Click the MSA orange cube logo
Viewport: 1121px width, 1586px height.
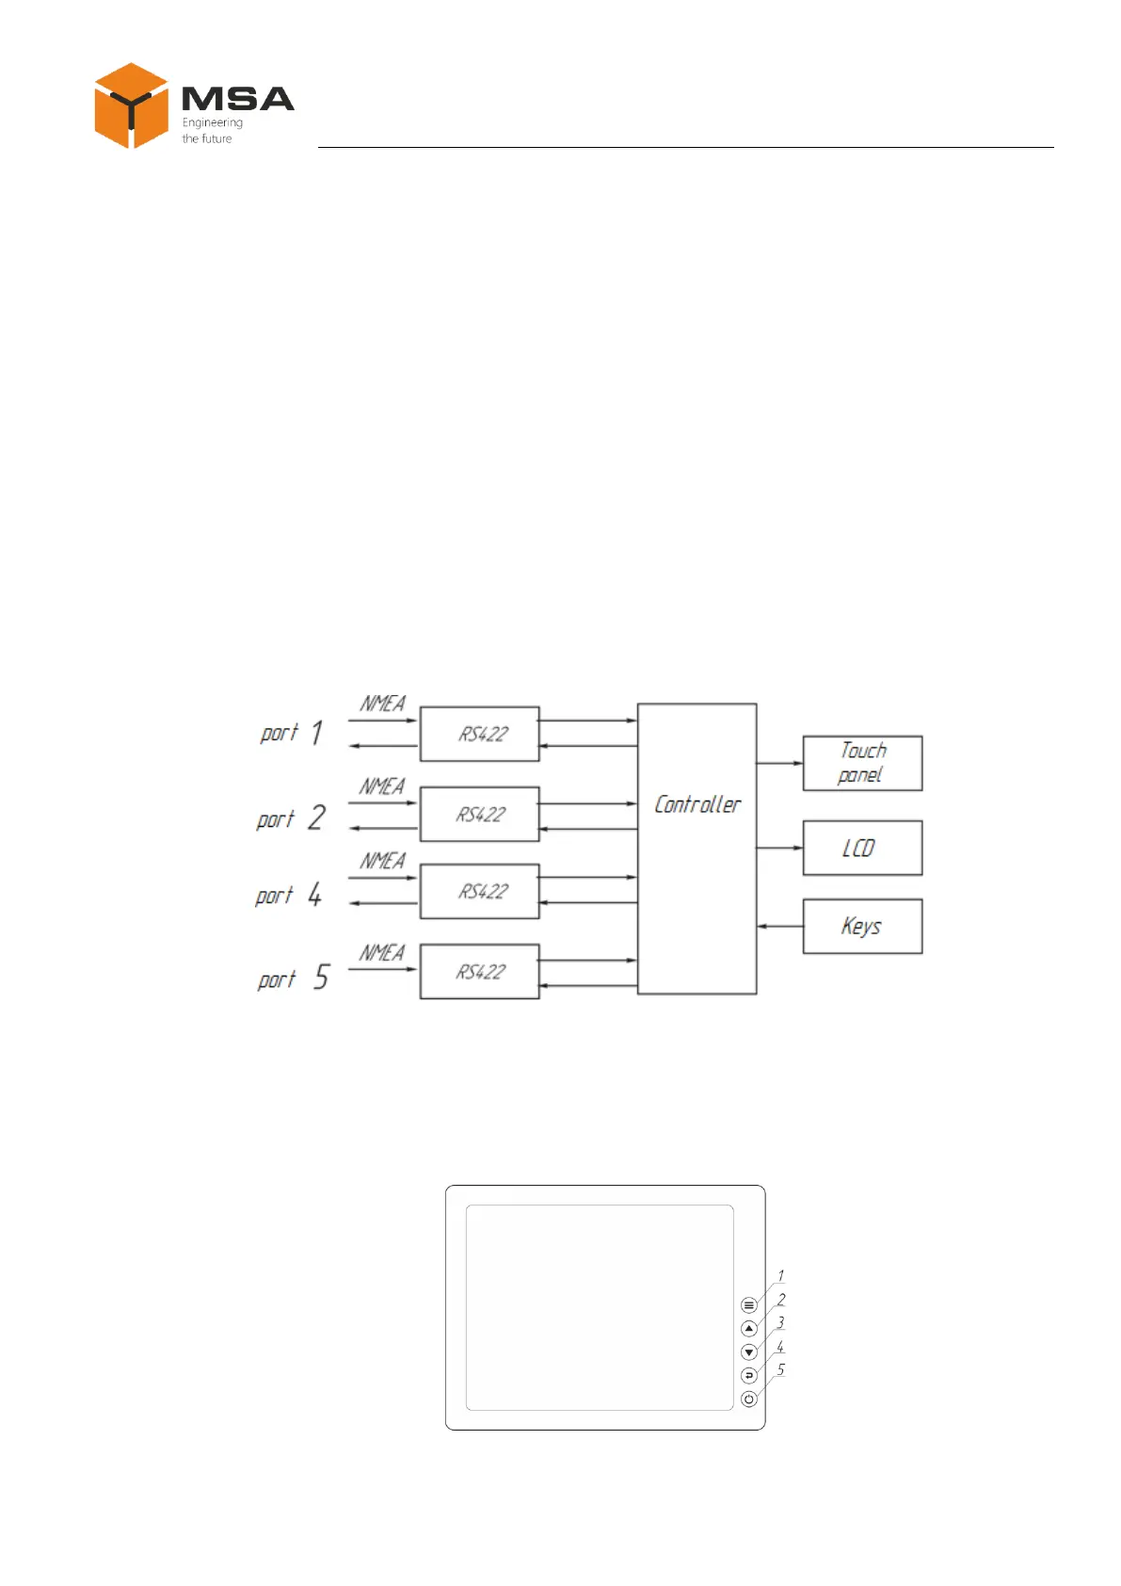click(131, 105)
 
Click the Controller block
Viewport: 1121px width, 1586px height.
click(697, 848)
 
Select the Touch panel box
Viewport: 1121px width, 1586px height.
click(862, 763)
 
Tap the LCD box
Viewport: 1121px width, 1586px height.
click(862, 848)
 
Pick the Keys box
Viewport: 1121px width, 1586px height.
click(862, 927)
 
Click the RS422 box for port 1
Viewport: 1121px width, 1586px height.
click(480, 734)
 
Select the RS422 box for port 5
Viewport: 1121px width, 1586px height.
click(480, 971)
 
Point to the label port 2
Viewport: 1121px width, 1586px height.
click(291, 818)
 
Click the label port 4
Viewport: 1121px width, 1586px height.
click(289, 895)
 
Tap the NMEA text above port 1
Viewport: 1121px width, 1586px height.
click(382, 704)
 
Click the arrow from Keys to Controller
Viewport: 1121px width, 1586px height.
click(779, 927)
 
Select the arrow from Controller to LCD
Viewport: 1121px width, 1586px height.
click(779, 848)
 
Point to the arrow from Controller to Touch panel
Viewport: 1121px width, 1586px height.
click(779, 763)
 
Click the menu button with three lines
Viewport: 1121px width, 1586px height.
click(749, 1305)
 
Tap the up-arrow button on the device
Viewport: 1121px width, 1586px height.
click(749, 1329)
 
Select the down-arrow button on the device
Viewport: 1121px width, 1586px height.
click(749, 1352)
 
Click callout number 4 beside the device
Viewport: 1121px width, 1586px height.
click(780, 1348)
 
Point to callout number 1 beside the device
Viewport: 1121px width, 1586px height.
click(780, 1276)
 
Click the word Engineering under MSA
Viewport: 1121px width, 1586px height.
click(212, 122)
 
